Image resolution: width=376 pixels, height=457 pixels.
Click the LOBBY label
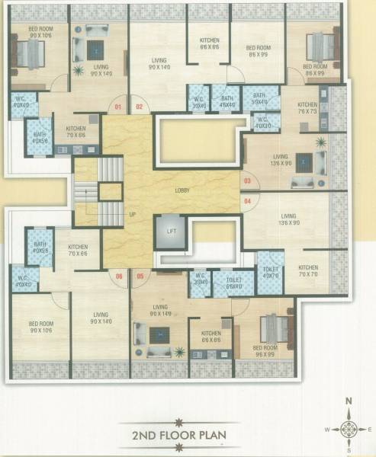182,190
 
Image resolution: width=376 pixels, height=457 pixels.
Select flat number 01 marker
118,107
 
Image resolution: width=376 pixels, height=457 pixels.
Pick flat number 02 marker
139,107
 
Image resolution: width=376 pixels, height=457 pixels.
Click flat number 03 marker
246,181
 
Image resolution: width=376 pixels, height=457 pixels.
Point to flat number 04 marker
246,200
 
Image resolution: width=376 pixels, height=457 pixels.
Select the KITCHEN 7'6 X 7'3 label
307,108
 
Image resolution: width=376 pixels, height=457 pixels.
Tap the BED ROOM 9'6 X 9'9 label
265,350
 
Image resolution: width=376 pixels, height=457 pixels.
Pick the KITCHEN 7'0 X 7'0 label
308,270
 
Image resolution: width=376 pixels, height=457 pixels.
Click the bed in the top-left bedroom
29,54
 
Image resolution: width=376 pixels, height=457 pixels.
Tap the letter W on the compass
326,429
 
